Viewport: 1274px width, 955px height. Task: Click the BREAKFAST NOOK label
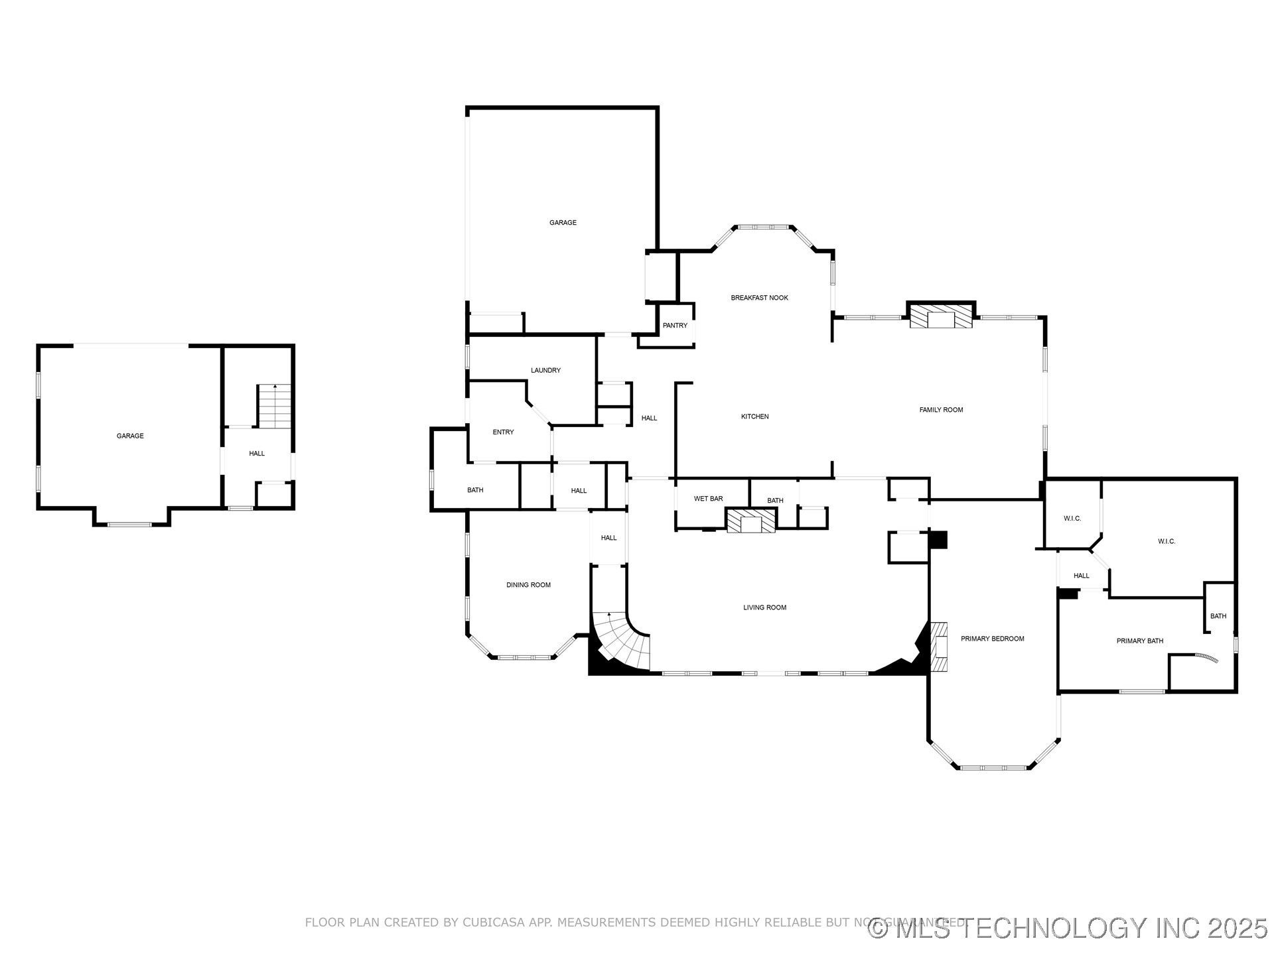tap(759, 298)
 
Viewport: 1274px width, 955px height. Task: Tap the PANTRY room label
tap(675, 326)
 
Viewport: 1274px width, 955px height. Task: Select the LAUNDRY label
tap(545, 370)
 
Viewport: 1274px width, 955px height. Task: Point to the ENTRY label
tap(503, 432)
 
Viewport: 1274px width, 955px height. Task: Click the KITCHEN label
tap(754, 416)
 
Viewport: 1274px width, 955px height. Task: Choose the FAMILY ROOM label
tap(941, 410)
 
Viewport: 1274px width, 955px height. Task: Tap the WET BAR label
tap(708, 499)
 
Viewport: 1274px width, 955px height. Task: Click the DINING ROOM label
tap(528, 585)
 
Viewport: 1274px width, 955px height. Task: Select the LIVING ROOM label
tap(764, 607)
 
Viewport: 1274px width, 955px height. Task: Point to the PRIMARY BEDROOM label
tap(992, 639)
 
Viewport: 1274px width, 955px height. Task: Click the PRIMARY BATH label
tap(1139, 641)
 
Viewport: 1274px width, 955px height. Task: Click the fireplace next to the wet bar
tap(750, 521)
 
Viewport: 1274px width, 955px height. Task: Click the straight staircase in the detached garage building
tap(274, 406)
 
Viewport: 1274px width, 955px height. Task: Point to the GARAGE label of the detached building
tap(130, 436)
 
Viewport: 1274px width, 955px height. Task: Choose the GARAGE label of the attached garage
tap(563, 223)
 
